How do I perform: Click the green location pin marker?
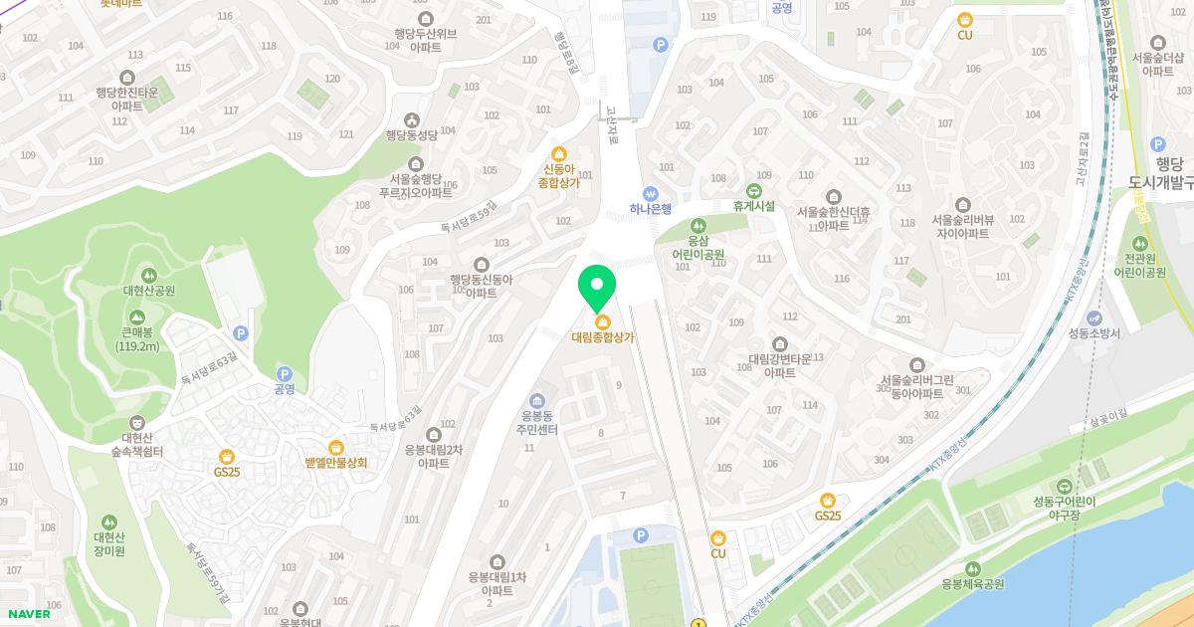(597, 288)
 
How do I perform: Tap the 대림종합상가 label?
(602, 337)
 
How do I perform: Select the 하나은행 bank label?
(651, 209)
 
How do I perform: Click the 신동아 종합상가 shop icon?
(559, 154)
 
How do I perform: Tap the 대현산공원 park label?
(149, 290)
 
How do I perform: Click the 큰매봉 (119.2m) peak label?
(137, 339)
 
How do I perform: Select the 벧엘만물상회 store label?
(336, 462)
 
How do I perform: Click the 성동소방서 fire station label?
(1094, 332)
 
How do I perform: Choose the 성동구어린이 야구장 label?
(1064, 508)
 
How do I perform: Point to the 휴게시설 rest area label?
(753, 206)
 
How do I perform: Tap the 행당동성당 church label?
(412, 134)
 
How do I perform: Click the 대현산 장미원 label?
(108, 543)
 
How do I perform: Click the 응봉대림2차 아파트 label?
(434, 456)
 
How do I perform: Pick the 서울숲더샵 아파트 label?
(1157, 63)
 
